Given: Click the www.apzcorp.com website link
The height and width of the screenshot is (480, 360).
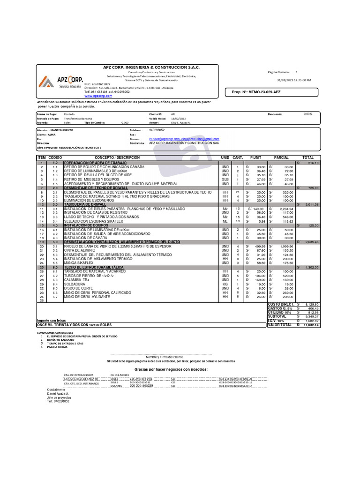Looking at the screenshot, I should pos(99,96).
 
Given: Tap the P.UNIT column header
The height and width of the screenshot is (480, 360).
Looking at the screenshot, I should pos(255,157).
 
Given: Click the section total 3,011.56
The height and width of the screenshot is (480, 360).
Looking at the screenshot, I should pos(312,204).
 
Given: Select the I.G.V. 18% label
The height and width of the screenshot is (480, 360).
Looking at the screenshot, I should pos(277,321).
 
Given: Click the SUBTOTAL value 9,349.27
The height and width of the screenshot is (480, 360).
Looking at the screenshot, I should pos(311,316).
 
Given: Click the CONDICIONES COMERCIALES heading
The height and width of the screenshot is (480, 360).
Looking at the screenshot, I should pos(56,332).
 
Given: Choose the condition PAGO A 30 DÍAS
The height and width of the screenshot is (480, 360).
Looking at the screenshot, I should pos(59,347).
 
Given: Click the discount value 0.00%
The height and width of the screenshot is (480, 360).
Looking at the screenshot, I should pos(308,114).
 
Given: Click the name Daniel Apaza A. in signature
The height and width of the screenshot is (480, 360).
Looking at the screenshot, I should pos(58,394).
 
